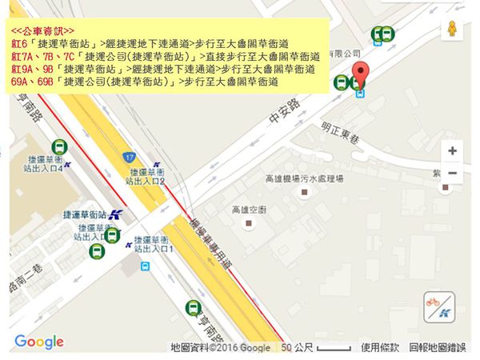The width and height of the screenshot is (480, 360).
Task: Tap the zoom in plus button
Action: [452, 150]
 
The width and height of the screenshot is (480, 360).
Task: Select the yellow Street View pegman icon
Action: [454, 27]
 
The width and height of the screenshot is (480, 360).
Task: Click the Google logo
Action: [39, 342]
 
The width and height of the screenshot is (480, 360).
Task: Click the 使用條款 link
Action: [380, 348]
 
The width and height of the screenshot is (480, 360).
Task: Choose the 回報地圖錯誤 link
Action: [438, 348]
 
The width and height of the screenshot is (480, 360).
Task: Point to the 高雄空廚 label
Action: [247, 210]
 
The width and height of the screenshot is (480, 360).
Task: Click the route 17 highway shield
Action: [128, 157]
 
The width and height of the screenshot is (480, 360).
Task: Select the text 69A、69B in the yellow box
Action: [31, 81]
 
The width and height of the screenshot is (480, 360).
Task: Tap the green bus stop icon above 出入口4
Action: [59, 146]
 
